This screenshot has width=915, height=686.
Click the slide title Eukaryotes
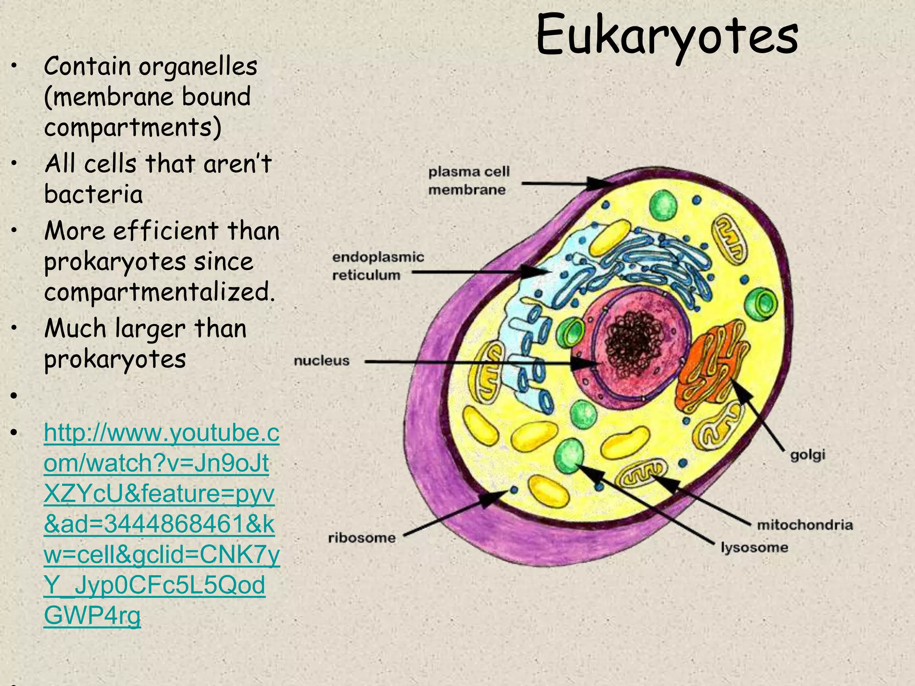pos(667,36)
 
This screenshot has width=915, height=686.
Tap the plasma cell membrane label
pos(468,180)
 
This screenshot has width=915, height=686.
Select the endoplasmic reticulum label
pos(378,266)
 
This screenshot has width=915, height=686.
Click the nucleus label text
pos(321,360)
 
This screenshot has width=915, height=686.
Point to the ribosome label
pos(361,537)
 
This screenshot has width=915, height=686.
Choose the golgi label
pos(807,455)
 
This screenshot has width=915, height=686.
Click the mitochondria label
pos(805,524)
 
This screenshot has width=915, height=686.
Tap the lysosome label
pos(754,547)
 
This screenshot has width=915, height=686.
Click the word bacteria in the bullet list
pos(93,194)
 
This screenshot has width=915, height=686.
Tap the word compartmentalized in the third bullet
pos(159,293)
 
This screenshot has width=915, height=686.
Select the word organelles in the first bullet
pos(197,67)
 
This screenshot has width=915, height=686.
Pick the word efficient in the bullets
pos(165,231)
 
